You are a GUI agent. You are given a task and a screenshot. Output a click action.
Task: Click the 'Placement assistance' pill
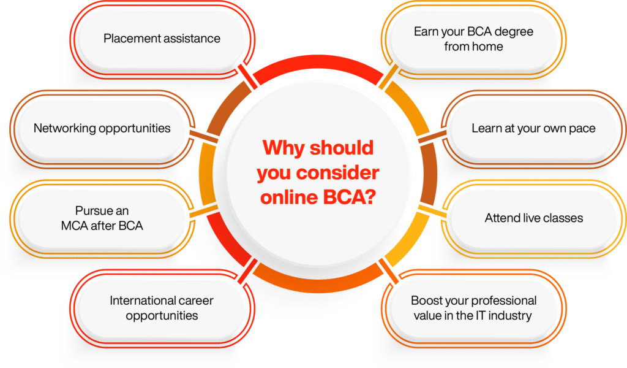point(162,39)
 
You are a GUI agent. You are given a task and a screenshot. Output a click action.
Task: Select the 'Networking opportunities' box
point(102,129)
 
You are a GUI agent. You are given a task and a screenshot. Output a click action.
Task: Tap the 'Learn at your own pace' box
point(533,129)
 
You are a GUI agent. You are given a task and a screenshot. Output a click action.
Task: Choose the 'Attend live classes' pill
point(533,218)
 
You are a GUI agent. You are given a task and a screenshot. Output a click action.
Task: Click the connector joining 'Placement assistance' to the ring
point(247,76)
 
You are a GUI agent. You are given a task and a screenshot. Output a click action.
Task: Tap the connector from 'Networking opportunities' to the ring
point(204,136)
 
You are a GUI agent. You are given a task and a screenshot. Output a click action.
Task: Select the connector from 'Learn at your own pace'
point(432,136)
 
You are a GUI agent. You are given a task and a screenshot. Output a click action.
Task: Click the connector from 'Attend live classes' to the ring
point(432,212)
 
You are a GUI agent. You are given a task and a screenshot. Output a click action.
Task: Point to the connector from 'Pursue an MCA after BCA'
point(204,212)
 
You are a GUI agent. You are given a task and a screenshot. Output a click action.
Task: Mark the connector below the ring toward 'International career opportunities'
point(247,271)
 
